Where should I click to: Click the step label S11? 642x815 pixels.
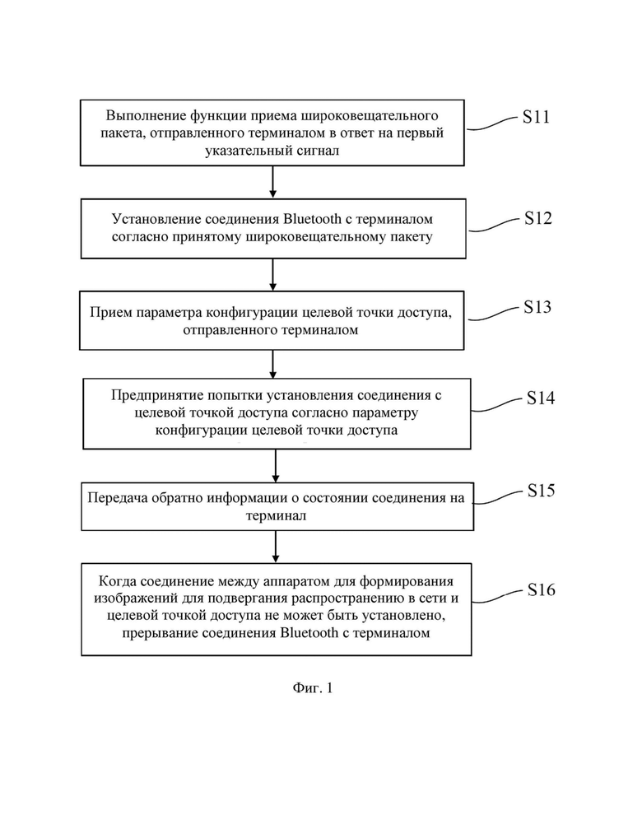click(x=536, y=117)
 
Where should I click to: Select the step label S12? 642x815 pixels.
click(x=537, y=218)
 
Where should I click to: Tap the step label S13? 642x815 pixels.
click(x=537, y=307)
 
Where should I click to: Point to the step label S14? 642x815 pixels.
click(x=541, y=398)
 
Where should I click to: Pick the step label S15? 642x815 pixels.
click(x=541, y=491)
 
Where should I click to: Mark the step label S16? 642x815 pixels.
click(x=541, y=590)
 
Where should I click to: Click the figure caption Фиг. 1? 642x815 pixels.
click(x=313, y=688)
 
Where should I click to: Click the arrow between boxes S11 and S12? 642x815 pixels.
click(x=273, y=182)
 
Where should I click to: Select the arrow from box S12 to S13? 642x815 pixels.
click(x=273, y=274)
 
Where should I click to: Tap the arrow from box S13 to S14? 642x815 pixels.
click(x=273, y=364)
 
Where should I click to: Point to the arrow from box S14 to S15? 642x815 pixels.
click(x=276, y=466)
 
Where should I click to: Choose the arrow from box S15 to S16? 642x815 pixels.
click(x=276, y=547)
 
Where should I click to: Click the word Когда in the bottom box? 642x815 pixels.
click(x=117, y=580)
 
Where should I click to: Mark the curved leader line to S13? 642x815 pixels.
click(x=493, y=314)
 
